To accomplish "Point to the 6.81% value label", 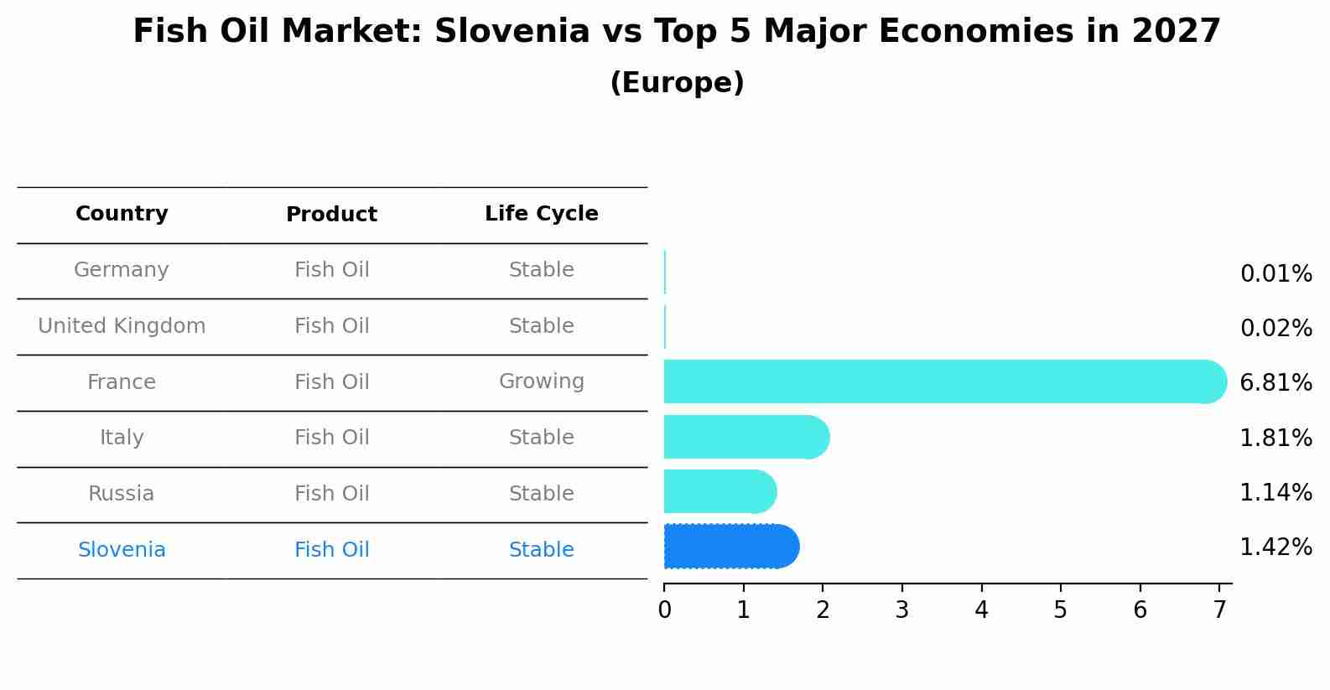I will point(1275,383).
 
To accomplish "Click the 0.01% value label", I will point(1275,274).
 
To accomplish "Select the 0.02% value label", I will point(1275,329).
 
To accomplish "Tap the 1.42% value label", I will point(1275,547).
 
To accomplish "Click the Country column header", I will point(122,214).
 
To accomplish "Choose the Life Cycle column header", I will point(542,214).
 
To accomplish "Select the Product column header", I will point(331,215).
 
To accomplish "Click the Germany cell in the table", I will point(122,270).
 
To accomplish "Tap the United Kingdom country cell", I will point(122,326).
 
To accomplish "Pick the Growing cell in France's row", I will point(542,381).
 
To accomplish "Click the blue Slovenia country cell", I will point(122,550).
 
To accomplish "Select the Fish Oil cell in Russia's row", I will point(331,494).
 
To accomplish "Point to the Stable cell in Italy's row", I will point(542,438).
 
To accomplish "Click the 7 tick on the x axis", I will point(1219,610).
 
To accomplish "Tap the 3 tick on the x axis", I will point(902,610).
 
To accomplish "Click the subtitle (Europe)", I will point(677,83).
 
